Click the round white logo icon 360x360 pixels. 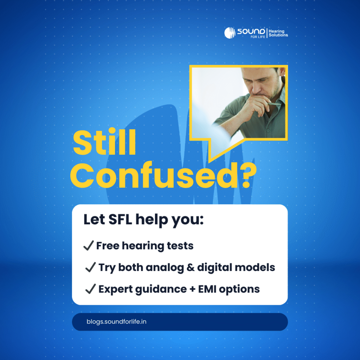[230, 33]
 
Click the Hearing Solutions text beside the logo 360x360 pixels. [278, 33]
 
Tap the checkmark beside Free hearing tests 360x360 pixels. [88, 246]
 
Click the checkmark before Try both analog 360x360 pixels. [90, 268]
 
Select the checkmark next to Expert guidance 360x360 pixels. [90, 289]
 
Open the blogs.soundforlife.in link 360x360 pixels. [116, 322]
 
